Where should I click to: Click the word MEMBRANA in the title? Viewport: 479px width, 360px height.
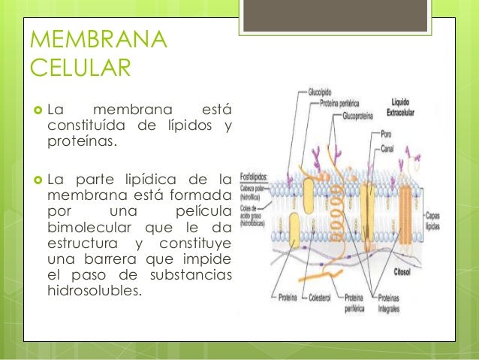98,39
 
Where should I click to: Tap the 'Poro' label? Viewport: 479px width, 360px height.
387,134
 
